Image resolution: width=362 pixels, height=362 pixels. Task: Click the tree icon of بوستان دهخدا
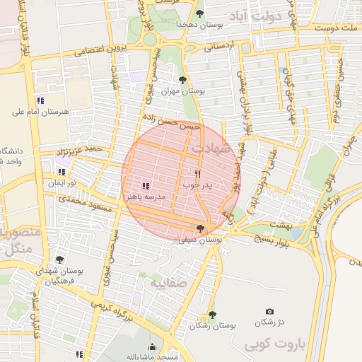click(200, 14)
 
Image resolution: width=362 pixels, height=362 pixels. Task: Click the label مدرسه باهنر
click(147, 197)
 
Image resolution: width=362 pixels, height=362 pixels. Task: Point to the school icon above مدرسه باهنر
click(146, 186)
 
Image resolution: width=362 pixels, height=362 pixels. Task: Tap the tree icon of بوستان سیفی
click(201, 228)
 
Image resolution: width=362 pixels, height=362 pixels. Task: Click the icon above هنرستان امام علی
click(40, 100)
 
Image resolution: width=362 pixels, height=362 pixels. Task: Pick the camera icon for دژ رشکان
click(269, 311)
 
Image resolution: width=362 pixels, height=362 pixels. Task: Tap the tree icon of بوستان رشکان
click(211, 315)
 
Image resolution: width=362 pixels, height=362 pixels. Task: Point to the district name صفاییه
click(166, 283)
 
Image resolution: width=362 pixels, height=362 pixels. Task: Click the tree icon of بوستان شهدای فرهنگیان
click(59, 259)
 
